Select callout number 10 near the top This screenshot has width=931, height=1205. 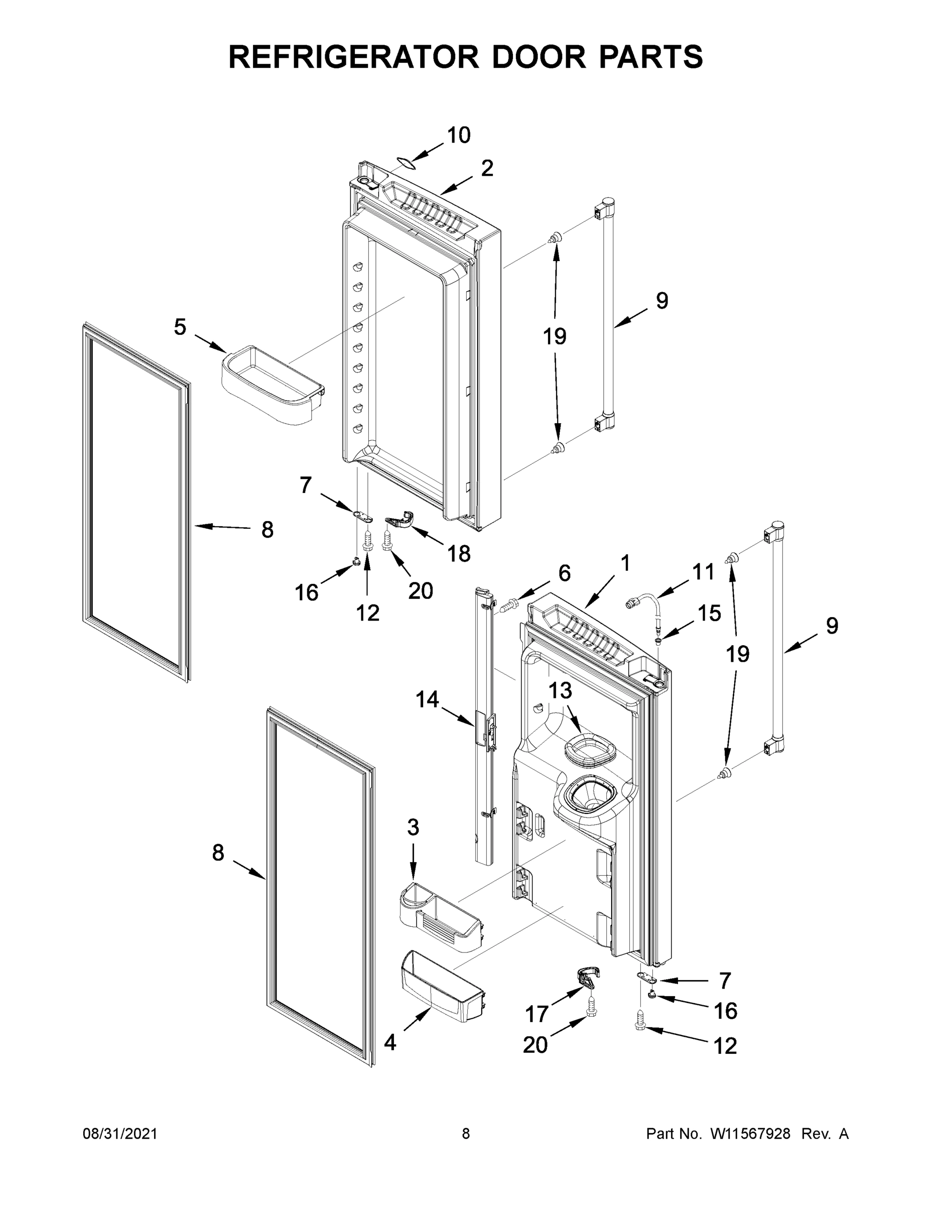458,135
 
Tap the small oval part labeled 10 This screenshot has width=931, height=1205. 406,162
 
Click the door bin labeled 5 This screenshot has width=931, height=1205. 272,386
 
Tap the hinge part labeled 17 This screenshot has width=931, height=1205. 588,976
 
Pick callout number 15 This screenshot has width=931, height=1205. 709,614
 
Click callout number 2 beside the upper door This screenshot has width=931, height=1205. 486,168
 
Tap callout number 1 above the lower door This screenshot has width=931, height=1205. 625,563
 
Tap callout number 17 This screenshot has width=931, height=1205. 536,1014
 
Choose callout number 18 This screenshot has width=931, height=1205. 459,553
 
